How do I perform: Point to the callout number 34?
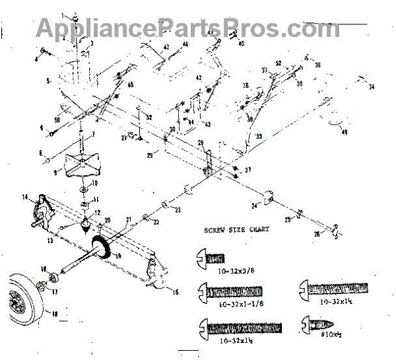[372, 87]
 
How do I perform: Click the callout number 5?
[48, 81]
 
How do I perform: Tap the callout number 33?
[259, 137]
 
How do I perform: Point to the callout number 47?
[166, 47]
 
